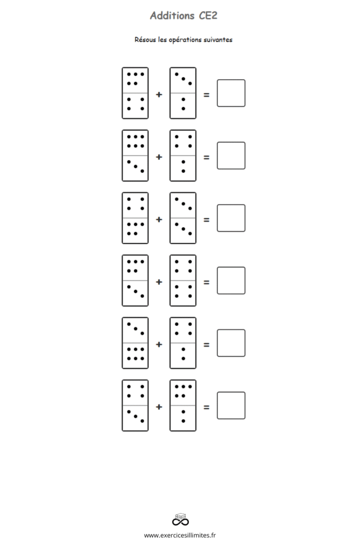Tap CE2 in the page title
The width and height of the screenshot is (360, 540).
click(208, 15)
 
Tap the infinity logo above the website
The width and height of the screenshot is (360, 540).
click(180, 519)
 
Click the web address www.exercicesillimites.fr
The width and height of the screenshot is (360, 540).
click(180, 535)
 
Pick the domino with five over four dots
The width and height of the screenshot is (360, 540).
click(135, 93)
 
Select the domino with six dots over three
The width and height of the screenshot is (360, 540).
click(135, 156)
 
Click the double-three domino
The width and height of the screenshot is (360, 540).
click(183, 218)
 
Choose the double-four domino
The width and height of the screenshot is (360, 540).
click(183, 281)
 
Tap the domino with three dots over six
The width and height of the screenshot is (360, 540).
click(135, 343)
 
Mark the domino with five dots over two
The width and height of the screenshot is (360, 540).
click(183, 406)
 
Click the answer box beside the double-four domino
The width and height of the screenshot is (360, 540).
click(231, 281)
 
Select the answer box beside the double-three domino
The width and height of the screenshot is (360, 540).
click(231, 218)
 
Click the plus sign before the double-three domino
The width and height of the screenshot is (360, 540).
click(159, 219)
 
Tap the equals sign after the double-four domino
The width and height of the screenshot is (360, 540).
click(207, 282)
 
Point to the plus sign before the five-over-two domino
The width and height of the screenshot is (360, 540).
click(159, 407)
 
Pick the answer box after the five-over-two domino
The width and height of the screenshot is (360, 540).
click(231, 406)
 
